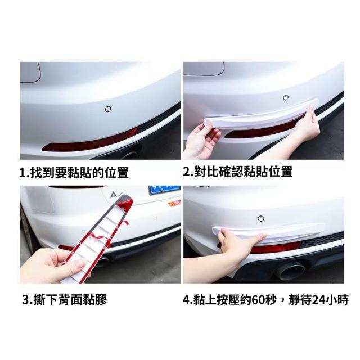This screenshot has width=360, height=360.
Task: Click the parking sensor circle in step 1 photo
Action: pyautogui.click(x=108, y=109)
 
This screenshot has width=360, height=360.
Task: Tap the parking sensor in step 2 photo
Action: pyautogui.click(x=286, y=97)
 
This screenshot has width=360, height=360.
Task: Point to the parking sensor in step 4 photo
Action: pyautogui.click(x=261, y=218)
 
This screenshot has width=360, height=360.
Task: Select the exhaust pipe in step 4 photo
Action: pyautogui.click(x=290, y=272)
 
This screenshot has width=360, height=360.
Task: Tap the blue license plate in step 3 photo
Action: pyautogui.click(x=164, y=190)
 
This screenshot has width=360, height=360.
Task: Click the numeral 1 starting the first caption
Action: pyautogui.click(x=22, y=173)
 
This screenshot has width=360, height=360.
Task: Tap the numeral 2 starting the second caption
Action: pyautogui.click(x=186, y=172)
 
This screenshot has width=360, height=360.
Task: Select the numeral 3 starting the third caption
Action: pyautogui.click(x=25, y=300)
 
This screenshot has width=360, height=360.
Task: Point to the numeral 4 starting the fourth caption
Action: pyautogui.click(x=186, y=300)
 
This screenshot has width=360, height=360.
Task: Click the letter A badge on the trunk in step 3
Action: pyautogui.click(x=114, y=195)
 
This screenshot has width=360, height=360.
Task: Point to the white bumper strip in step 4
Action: pyautogui.click(x=269, y=231)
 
